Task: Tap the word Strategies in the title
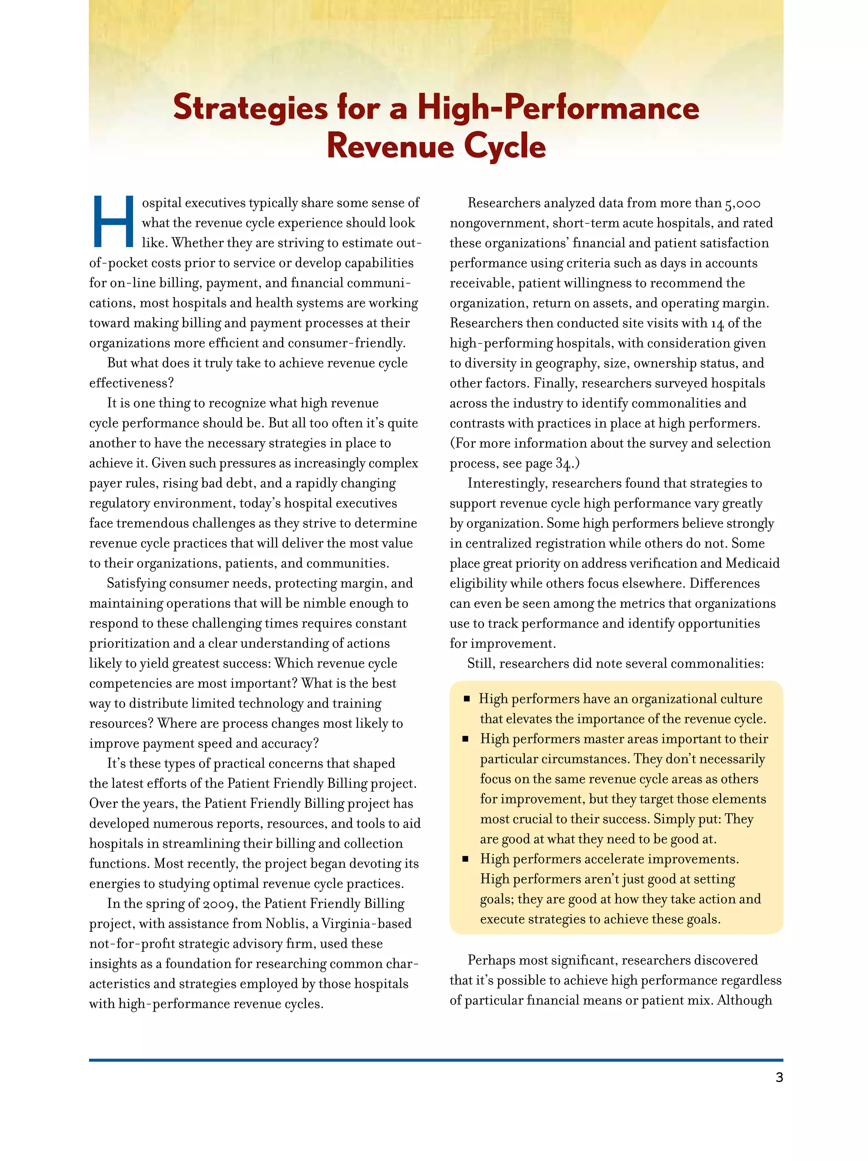click(250, 108)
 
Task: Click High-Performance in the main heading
click(558, 108)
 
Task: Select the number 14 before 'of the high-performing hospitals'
click(717, 323)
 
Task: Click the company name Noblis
click(287, 924)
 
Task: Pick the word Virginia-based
click(366, 924)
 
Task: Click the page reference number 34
click(563, 463)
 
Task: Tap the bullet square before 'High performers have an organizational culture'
click(466, 699)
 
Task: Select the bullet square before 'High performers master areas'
click(466, 739)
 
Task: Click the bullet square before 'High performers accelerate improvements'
click(466, 859)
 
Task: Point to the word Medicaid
click(752, 563)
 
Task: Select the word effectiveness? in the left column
click(131, 383)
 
